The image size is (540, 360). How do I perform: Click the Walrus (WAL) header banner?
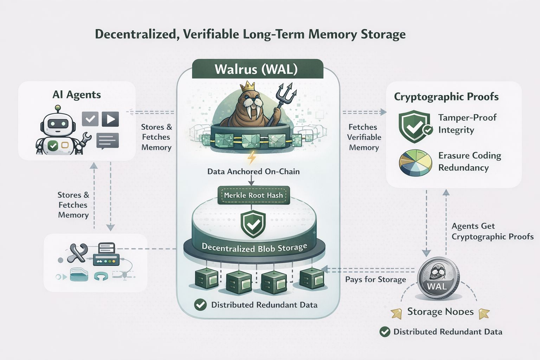pyautogui.click(x=257, y=69)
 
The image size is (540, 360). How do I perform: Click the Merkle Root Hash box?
pyautogui.click(x=253, y=195)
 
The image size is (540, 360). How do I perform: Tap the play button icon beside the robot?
pyautogui.click(x=110, y=119)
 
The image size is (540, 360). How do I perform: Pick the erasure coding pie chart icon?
pyautogui.click(x=416, y=162)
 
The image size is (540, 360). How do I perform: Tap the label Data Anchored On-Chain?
pyautogui.click(x=253, y=172)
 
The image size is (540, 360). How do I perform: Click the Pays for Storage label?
pyautogui.click(x=375, y=279)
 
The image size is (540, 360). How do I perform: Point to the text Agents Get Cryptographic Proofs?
pyautogui.click(x=492, y=231)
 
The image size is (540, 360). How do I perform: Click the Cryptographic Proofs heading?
pyautogui.click(x=446, y=97)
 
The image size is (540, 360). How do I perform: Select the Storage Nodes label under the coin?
pyautogui.click(x=440, y=312)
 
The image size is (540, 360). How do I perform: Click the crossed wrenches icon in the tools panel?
pyautogui.click(x=77, y=253)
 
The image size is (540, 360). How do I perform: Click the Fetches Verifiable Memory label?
pyautogui.click(x=364, y=137)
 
